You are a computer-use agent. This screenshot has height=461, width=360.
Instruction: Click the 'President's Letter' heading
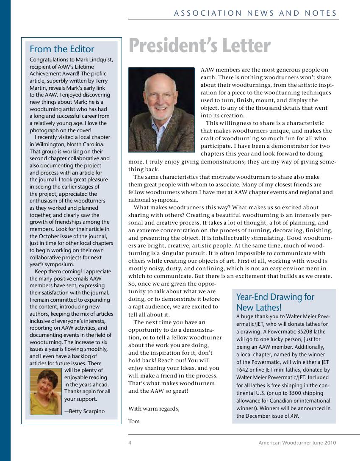point(199,46)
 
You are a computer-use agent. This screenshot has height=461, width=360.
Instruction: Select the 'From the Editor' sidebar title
point(62,49)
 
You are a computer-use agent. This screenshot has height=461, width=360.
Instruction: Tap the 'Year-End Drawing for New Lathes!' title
point(275,302)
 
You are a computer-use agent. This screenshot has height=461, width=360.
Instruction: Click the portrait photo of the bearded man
point(155,110)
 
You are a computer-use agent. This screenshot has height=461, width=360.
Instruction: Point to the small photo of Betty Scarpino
point(46,391)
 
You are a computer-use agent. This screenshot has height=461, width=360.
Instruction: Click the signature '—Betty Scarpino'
point(84,411)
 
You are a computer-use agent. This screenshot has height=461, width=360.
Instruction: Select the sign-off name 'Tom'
point(134,421)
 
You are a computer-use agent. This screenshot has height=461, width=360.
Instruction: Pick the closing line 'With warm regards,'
point(154,408)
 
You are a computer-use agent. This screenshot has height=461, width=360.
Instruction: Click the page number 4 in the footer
point(130,443)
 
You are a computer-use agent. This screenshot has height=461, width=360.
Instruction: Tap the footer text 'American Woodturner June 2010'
point(297,443)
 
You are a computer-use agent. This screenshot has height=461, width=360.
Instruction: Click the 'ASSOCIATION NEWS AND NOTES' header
point(255,13)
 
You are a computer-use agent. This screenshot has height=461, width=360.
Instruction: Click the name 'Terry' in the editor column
point(101,81)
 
